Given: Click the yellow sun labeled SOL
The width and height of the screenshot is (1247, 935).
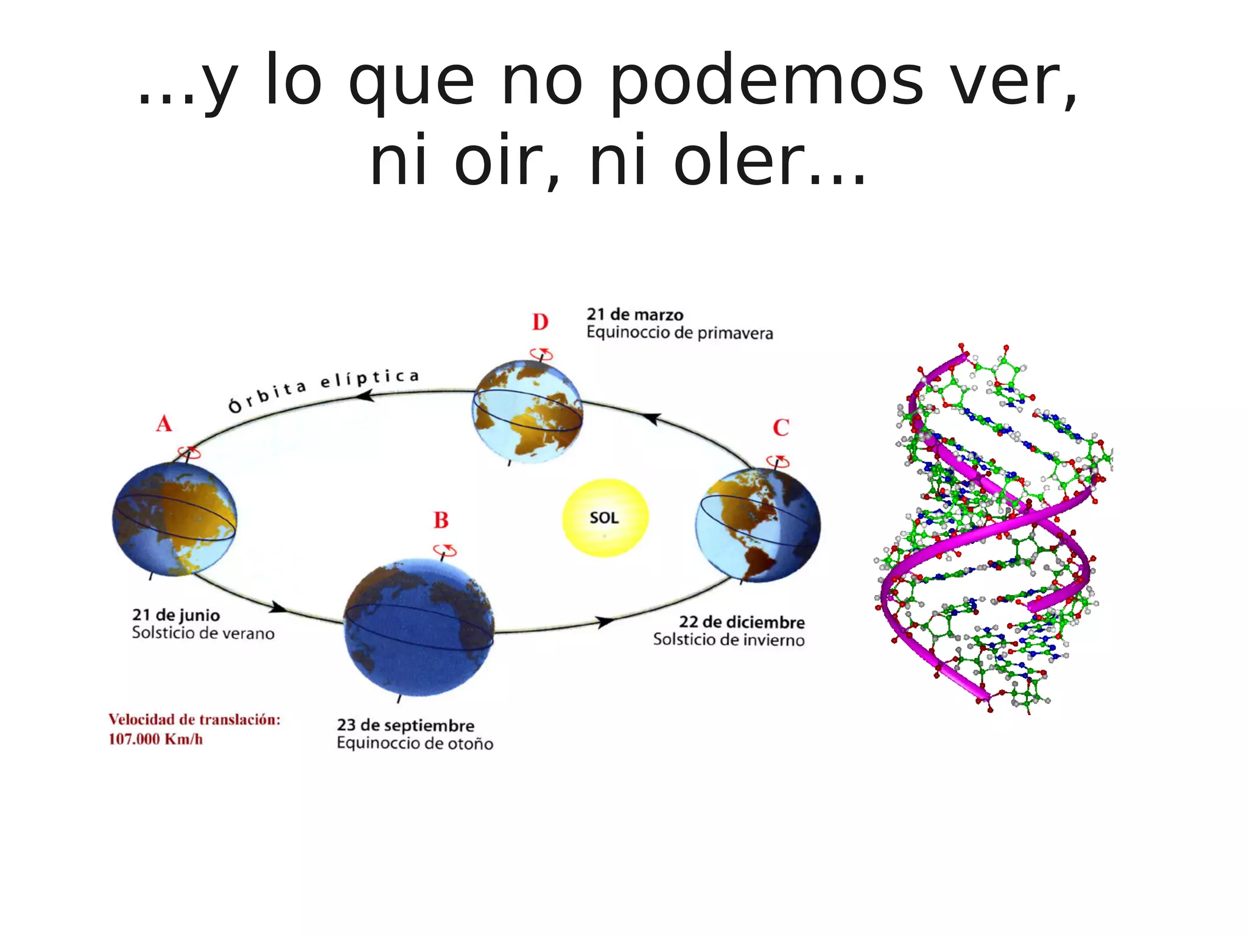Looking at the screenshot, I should point(605,518).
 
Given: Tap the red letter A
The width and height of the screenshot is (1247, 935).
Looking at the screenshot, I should point(164,424).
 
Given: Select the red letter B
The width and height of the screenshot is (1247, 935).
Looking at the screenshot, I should point(441,520).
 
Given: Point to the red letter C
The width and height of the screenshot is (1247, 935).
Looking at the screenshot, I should point(781,428).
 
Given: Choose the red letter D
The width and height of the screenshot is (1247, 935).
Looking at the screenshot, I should point(540,322).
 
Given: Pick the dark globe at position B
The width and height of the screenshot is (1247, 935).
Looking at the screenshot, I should point(419,627).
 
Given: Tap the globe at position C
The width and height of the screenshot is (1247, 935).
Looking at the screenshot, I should point(758,525).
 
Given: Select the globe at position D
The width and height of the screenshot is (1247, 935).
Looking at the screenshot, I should point(527,412).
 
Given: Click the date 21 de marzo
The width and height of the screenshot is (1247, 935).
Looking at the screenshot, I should point(635,315).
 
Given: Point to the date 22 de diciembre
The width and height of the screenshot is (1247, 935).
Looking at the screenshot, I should point(742,622).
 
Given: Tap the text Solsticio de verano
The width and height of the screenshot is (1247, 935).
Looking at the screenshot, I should point(203,633).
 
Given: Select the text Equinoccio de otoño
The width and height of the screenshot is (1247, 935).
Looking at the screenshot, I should point(415,743).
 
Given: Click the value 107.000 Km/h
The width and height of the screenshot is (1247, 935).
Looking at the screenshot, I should point(156,739).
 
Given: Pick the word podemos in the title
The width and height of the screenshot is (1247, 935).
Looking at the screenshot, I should point(767,82).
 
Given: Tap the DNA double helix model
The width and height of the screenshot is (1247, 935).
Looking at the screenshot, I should point(992,527).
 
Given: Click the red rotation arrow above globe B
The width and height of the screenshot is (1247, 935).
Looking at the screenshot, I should point(445,550).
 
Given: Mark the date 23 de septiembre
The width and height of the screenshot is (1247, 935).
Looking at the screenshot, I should point(406,725).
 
